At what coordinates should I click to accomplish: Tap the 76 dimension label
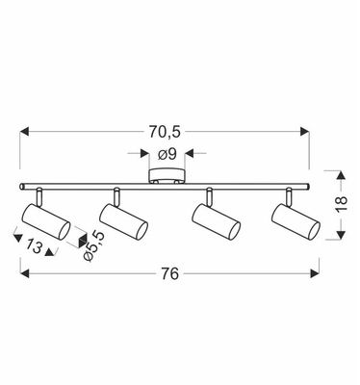[x=169, y=274]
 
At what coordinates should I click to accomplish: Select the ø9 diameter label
[x=165, y=153]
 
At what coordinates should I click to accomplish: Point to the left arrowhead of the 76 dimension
[x=25, y=273]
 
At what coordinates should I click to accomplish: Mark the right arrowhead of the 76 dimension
[x=314, y=273]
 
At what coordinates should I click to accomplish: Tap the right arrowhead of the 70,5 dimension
[x=304, y=130]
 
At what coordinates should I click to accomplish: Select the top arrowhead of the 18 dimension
[x=340, y=174]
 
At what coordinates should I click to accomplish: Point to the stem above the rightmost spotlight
[x=288, y=195]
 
